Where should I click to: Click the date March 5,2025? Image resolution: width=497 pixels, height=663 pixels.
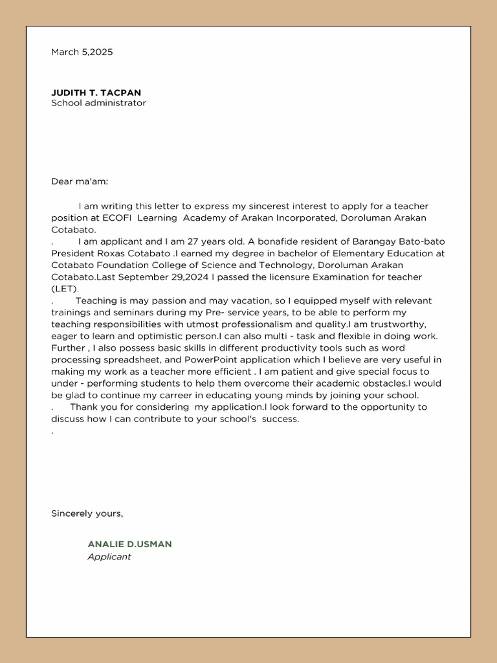82,52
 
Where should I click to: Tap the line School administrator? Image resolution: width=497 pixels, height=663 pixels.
98,103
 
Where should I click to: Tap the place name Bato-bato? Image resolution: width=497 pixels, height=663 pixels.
423,242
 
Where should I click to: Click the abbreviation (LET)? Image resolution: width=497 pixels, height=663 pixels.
65,289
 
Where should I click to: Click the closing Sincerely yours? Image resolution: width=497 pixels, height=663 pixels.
87,513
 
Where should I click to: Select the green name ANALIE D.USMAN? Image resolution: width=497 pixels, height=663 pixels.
130,545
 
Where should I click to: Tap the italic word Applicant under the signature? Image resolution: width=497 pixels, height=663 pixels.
109,557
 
